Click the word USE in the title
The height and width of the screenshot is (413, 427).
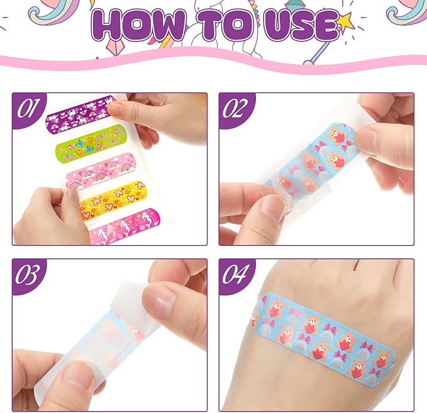[296, 27]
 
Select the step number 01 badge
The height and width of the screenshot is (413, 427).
[29, 108]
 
